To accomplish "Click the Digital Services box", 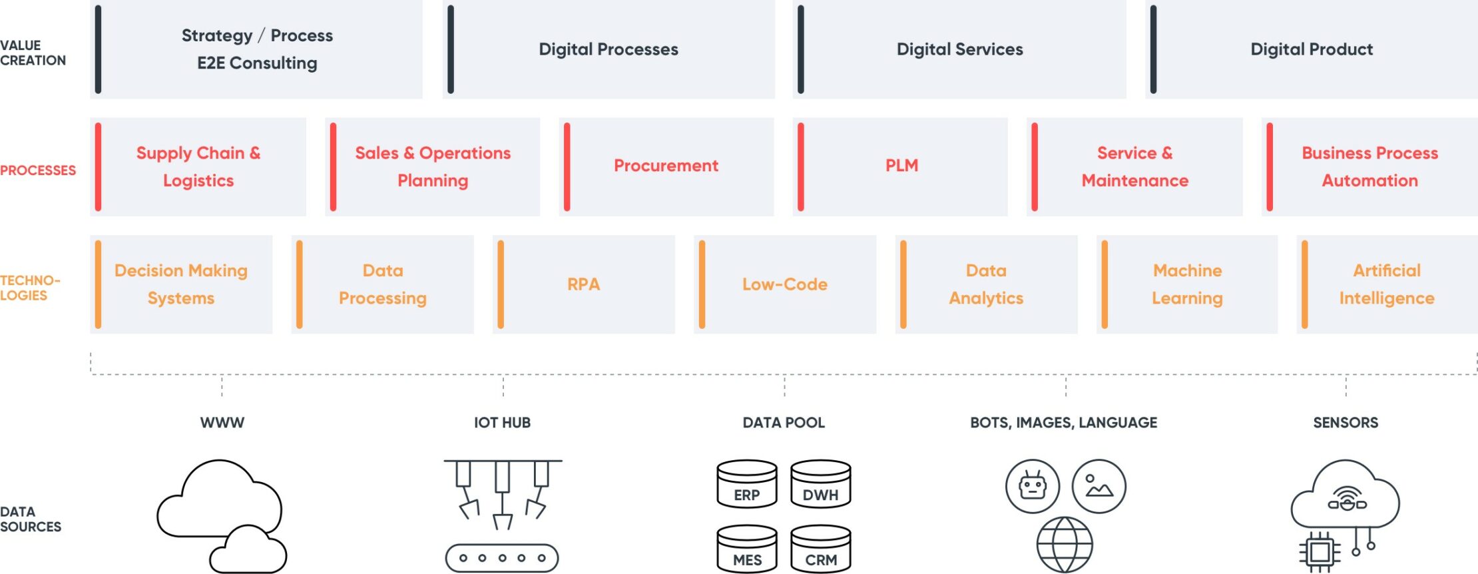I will pos(959,49).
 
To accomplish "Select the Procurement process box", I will pos(666,166).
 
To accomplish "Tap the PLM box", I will pos(901,166).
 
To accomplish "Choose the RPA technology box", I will pos(583,284).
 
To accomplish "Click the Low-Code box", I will pos(785,284).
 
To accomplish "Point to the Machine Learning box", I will pos(1187,284).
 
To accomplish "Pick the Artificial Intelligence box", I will pos(1387,284).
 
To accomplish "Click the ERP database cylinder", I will pos(747,484).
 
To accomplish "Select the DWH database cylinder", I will pos(820,484).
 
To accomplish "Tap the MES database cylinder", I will pos(747,549).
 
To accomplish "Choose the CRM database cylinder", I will pos(820,549).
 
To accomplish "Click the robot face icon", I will pos(1033,486).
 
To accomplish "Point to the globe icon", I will pos(1065,545).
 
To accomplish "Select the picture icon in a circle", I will pos(1099,486).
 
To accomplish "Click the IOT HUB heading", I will pos(502,423).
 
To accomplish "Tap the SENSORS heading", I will pos(1346,423).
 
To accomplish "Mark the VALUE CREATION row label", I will pos(33,53).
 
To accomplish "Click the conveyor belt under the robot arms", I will pos(502,558).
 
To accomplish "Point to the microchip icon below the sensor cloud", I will pos(1320,552).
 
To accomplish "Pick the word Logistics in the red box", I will pos(198,181).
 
